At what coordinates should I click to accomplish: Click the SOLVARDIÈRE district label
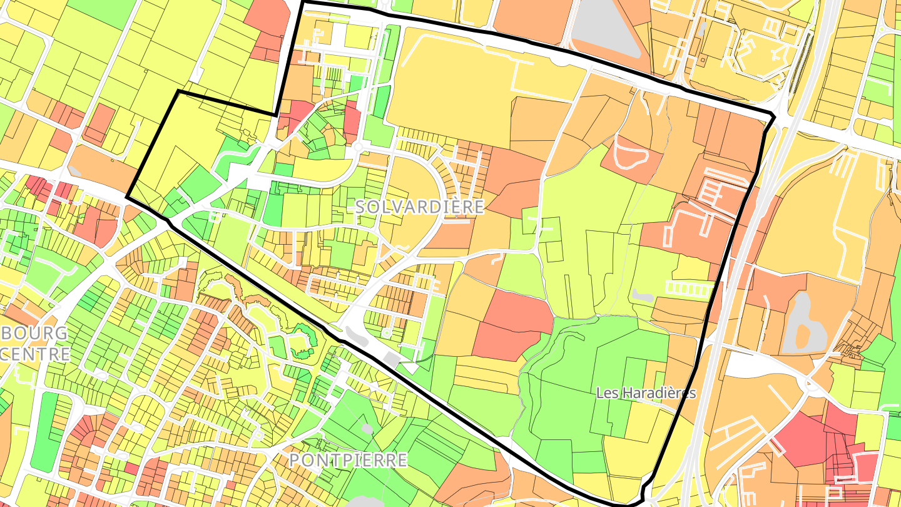420,207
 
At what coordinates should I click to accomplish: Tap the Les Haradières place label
646,393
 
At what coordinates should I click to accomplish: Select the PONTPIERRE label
348,461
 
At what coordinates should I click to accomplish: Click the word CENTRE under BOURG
35,354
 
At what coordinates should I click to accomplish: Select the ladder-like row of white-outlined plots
690,289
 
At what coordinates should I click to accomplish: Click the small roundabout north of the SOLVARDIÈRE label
357,146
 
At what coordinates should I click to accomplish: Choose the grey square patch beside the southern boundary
392,358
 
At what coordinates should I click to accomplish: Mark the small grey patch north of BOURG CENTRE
74,171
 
